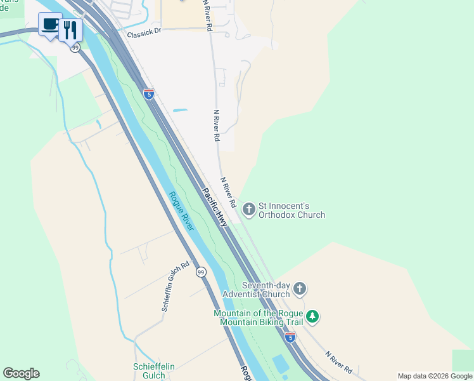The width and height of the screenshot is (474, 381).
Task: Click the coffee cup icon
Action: [x=50, y=25]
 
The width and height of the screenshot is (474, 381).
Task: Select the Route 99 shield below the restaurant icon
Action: [x=75, y=48]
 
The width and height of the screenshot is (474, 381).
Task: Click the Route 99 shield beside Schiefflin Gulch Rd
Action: [x=201, y=272]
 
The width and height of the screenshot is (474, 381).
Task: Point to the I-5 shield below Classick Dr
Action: [x=148, y=95]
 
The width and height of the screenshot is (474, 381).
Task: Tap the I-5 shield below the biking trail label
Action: [x=290, y=337]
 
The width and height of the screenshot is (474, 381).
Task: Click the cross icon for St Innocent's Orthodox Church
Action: [x=249, y=208]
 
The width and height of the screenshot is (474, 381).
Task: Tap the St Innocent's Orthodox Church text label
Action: [x=292, y=210]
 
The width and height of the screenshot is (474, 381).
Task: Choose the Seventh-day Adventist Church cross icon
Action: [x=300, y=290]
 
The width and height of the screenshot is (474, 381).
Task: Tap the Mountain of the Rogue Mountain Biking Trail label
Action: [x=259, y=317]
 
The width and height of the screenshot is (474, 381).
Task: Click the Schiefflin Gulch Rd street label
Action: [x=176, y=286]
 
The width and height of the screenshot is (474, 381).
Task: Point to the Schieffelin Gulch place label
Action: [x=153, y=371]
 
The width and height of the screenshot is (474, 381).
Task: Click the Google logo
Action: [x=21, y=373]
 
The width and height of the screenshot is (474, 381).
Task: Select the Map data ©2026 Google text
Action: [x=435, y=376]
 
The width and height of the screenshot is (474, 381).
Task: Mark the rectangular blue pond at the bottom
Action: [x=279, y=364]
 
